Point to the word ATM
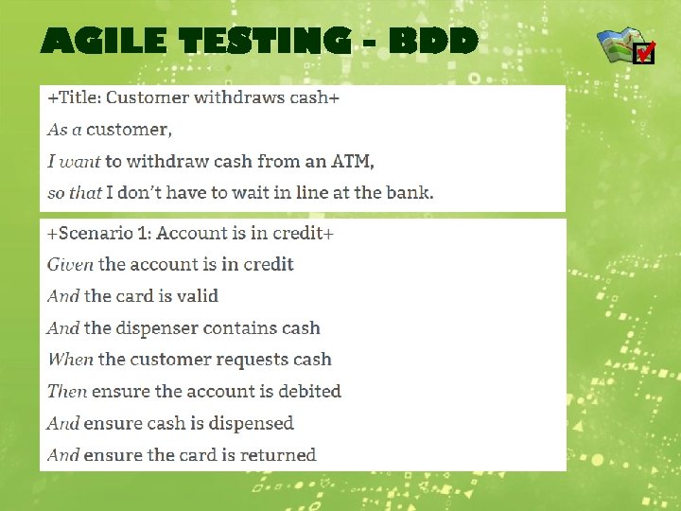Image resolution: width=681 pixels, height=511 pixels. [x=352, y=161]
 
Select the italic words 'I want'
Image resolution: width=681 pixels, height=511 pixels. [x=74, y=161]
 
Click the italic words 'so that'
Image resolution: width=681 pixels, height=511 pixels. [x=74, y=193]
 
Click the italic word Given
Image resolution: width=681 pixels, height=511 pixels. [x=70, y=264]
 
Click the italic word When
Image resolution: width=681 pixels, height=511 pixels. [x=70, y=360]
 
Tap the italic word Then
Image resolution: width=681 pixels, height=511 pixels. [x=66, y=392]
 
